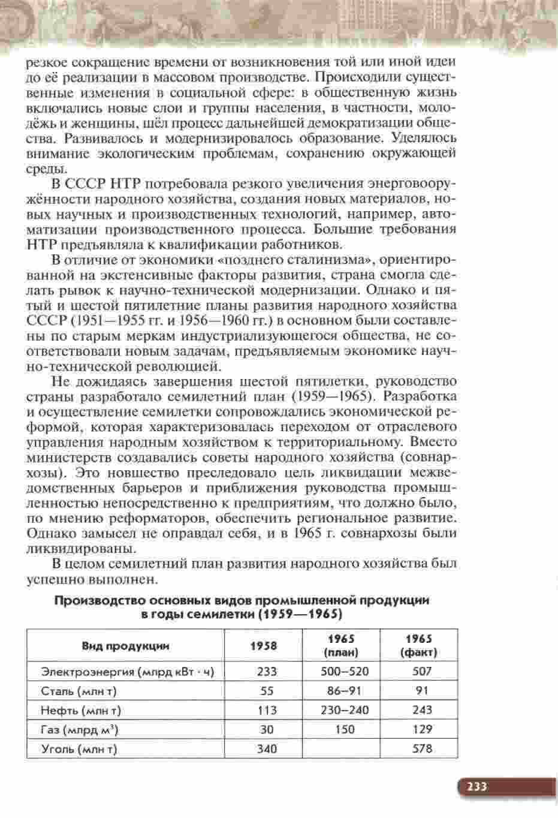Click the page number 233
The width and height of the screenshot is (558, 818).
click(x=477, y=787)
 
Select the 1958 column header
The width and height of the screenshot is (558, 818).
click(x=263, y=645)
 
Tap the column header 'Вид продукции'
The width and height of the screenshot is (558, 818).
click(x=125, y=646)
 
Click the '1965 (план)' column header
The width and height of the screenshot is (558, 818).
click(x=340, y=645)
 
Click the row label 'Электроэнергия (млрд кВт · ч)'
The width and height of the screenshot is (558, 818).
click(x=128, y=672)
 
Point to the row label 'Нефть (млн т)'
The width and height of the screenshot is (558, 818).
click(x=81, y=711)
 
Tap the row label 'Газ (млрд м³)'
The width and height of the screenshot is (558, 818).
click(x=79, y=730)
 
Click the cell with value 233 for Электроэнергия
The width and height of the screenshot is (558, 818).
click(x=267, y=672)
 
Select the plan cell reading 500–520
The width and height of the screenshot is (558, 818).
click(x=345, y=672)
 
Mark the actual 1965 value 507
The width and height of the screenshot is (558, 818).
click(x=422, y=672)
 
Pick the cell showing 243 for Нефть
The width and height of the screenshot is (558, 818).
click(x=422, y=711)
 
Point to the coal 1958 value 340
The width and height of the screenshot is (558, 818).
click(x=267, y=748)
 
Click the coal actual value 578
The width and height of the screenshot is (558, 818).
click(x=422, y=748)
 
